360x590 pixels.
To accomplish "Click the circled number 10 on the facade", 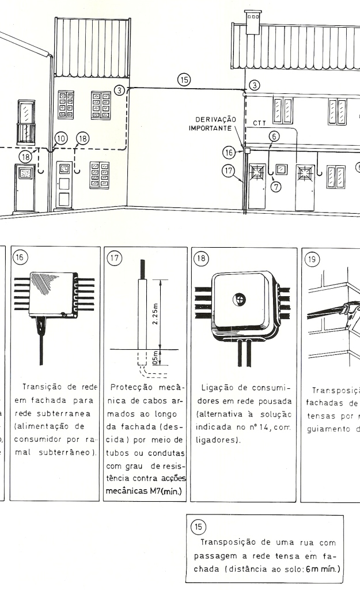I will point(60,138).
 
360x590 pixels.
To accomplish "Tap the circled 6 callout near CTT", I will point(274,136).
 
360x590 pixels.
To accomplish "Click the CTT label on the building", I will point(260,123).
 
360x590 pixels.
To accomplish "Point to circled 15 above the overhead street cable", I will point(184,80).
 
